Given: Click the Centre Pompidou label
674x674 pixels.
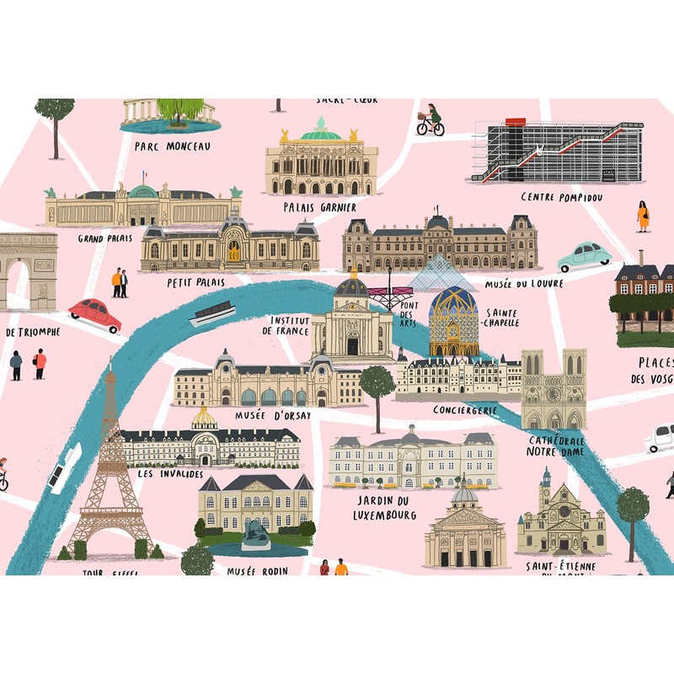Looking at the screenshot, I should click(561, 197).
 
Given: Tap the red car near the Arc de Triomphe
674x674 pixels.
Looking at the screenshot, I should click(94, 314).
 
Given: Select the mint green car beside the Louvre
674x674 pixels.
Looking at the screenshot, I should click(584, 255).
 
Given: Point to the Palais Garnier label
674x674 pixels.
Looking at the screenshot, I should click(320, 206).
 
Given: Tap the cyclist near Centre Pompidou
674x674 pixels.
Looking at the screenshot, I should click(431, 120).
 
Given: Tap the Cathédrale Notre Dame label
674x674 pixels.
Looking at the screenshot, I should click(557, 447).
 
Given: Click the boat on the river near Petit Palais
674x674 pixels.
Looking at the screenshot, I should click(211, 314).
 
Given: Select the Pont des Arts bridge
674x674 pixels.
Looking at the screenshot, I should click(389, 294).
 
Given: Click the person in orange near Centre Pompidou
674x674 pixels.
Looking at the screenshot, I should click(643, 217).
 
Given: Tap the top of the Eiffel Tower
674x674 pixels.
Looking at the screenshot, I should click(110, 364).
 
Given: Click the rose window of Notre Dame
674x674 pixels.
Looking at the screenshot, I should click(554, 393).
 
